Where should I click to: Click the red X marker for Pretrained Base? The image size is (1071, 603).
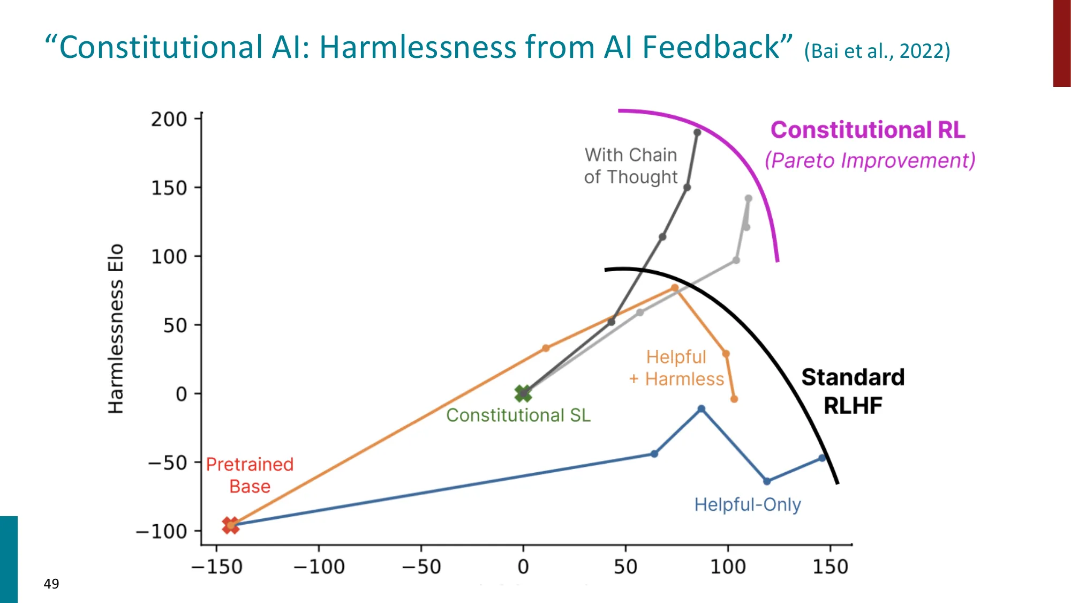pos(230,525)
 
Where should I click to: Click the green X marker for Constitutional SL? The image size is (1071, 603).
pos(523,394)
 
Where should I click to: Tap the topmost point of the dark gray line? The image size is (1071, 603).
pos(697,132)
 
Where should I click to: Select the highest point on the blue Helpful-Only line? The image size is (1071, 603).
pos(702,409)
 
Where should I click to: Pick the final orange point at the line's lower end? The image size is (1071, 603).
pos(734,399)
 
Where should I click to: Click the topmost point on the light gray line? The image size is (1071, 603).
pos(749,198)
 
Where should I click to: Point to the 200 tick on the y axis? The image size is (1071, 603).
pos(169,119)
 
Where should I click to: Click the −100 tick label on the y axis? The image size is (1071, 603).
pos(161,532)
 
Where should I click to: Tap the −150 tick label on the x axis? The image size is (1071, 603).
pos(216,567)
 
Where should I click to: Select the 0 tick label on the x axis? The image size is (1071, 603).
pos(523,567)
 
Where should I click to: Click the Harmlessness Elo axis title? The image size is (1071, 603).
pos(116,329)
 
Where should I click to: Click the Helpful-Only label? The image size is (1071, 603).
pos(748,504)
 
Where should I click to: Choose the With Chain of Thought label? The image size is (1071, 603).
pos(631,166)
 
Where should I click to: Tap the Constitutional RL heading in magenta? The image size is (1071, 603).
pos(868,130)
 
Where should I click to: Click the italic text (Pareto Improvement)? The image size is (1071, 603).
pos(870,160)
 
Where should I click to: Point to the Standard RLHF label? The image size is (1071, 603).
pos(853,391)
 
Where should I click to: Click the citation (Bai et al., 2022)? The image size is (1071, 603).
pos(877,51)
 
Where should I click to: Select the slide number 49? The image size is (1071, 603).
pos(51,584)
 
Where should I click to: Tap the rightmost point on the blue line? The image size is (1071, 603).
pos(823,458)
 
